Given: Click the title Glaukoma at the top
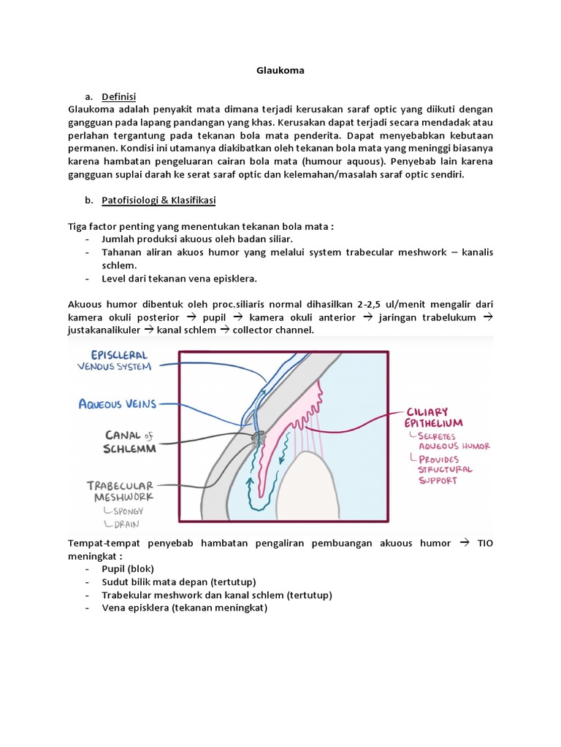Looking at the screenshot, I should click(280, 71).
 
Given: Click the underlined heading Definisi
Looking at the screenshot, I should click(119, 96).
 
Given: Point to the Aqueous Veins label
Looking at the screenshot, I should click(118, 403).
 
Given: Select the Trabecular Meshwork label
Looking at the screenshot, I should click(121, 491).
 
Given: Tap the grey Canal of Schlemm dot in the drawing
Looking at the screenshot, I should click(259, 438).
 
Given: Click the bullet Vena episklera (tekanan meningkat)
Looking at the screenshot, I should click(185, 608).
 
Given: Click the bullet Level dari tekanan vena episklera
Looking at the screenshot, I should click(180, 279).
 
